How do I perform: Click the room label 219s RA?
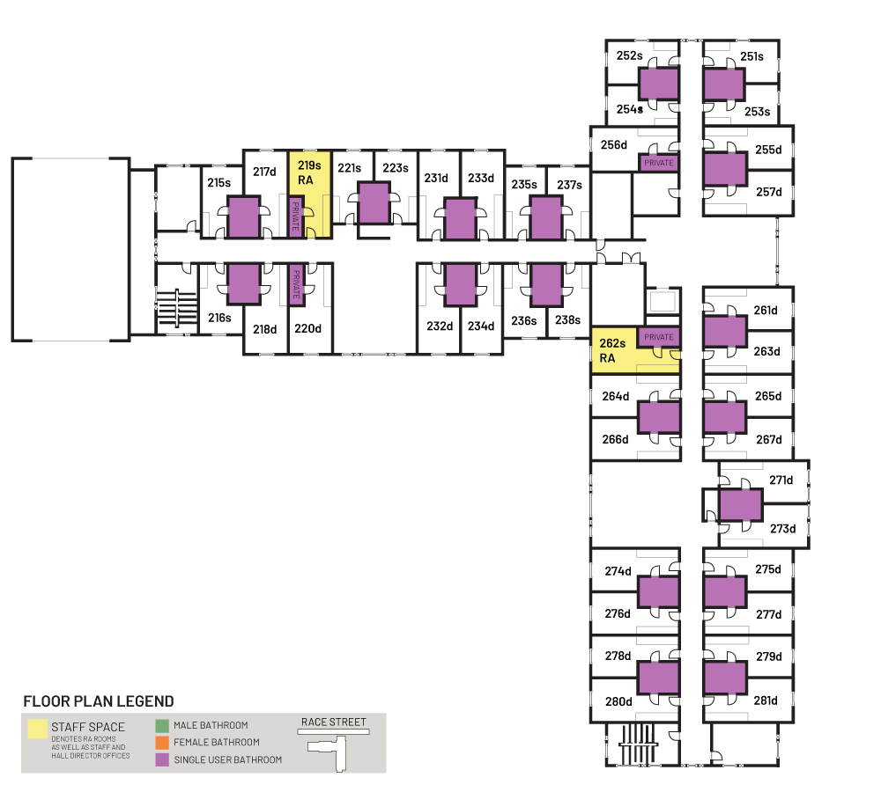[309, 172]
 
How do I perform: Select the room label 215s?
[219, 182]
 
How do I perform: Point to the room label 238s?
[567, 320]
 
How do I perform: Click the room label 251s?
[751, 56]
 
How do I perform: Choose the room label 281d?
[766, 700]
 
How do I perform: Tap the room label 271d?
[781, 480]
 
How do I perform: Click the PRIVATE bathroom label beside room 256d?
[658, 163]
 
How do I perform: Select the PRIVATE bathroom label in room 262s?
[658, 337]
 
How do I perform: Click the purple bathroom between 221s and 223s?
[374, 202]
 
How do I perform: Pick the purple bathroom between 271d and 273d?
[741, 504]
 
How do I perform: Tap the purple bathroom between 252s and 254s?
[658, 84]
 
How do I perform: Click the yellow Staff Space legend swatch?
[38, 730]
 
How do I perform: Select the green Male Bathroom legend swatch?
[162, 726]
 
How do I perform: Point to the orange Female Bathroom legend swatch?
[162, 743]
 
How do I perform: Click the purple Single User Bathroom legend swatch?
[162, 760]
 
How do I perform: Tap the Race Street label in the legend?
[334, 722]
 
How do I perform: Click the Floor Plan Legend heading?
[99, 701]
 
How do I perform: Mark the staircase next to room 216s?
[177, 308]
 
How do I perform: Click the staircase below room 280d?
[638, 744]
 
